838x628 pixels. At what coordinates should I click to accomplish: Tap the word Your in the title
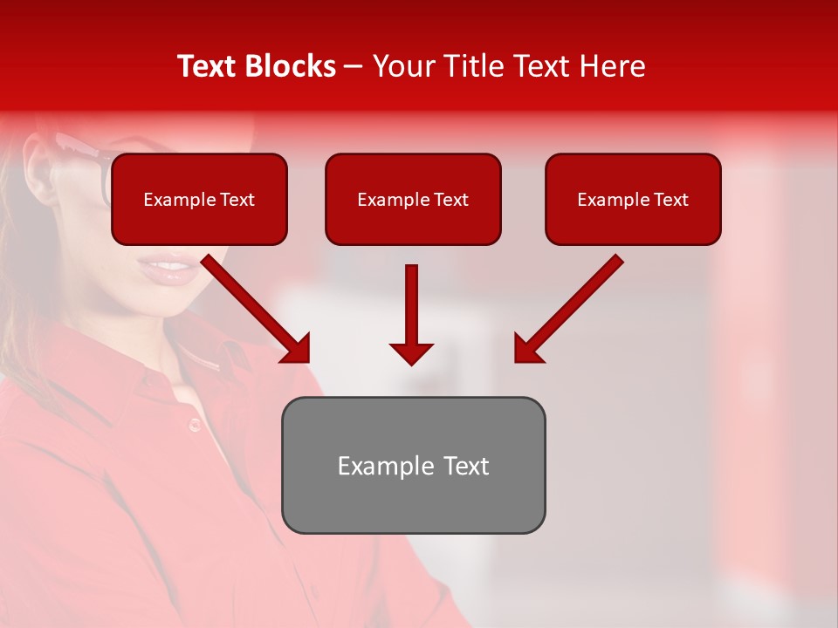(x=402, y=66)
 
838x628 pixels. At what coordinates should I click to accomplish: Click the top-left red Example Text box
(x=199, y=200)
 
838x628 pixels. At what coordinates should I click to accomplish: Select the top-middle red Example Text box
(x=413, y=200)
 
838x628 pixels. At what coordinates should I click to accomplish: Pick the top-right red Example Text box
(x=633, y=200)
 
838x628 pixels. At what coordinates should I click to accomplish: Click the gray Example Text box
(x=413, y=465)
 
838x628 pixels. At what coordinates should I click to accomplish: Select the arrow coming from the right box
(x=572, y=304)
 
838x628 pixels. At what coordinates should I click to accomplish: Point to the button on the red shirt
(x=194, y=425)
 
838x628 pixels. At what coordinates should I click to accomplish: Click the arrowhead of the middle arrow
(x=411, y=352)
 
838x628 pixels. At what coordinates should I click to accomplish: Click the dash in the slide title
(x=354, y=66)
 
